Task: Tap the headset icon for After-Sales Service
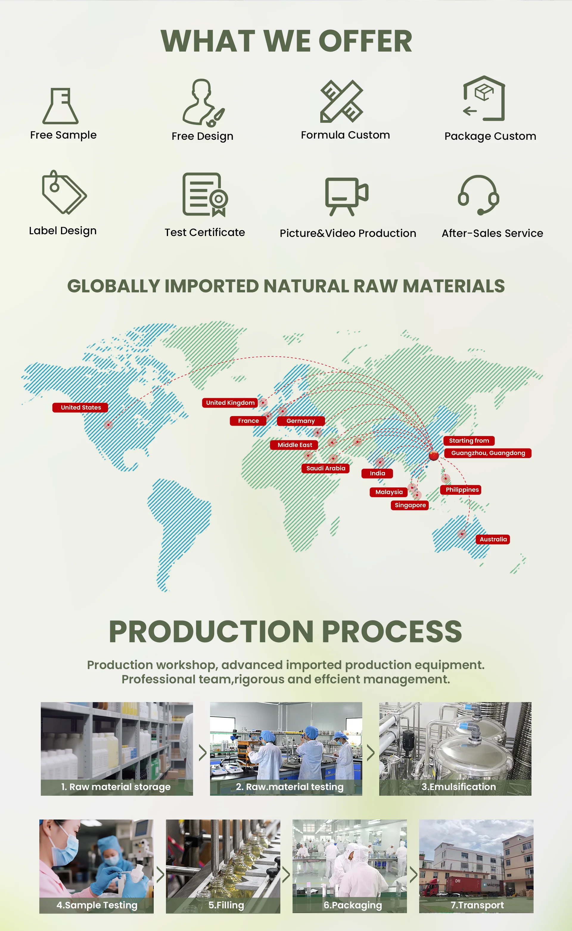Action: pyautogui.click(x=478, y=195)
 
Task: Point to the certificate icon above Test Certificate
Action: pyautogui.click(x=205, y=195)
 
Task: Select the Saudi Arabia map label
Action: pyautogui.click(x=325, y=468)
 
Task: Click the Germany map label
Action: pyautogui.click(x=301, y=421)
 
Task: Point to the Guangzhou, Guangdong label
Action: pyautogui.click(x=488, y=453)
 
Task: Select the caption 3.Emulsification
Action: pyautogui.click(x=458, y=786)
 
